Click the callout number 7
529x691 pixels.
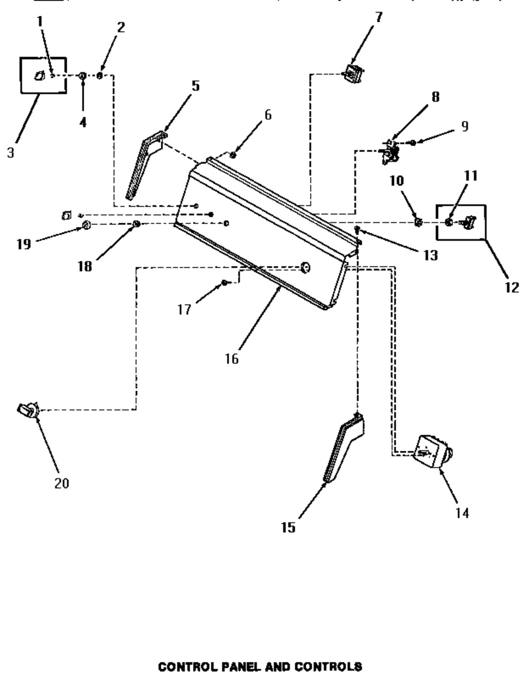pyautogui.click(x=378, y=16)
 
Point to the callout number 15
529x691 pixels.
pyautogui.click(x=288, y=528)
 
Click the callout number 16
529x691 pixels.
pyautogui.click(x=231, y=358)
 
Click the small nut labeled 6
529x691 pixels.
pyautogui.click(x=233, y=154)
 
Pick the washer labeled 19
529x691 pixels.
pyautogui.click(x=85, y=227)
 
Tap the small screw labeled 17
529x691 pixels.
pyautogui.click(x=224, y=283)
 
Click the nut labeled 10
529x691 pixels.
pyautogui.click(x=417, y=221)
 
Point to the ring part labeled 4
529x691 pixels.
pyautogui.click(x=83, y=77)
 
